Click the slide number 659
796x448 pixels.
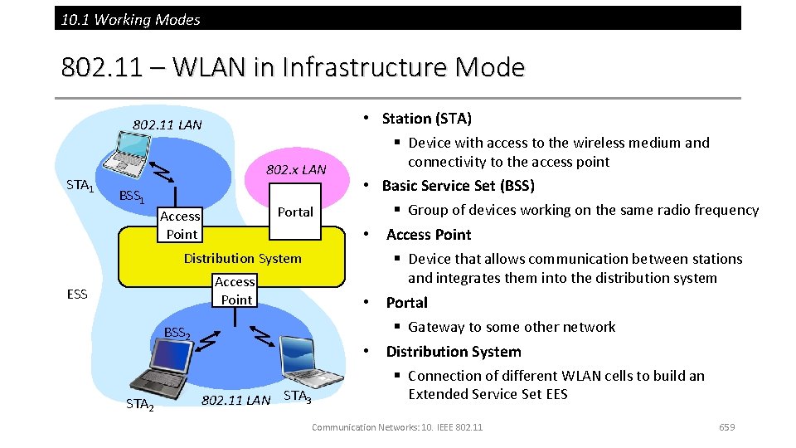click(727, 427)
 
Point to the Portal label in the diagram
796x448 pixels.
click(295, 212)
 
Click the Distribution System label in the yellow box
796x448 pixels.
click(242, 258)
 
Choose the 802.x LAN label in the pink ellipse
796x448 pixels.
click(296, 170)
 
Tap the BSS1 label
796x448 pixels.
click(133, 197)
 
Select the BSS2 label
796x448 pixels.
click(177, 334)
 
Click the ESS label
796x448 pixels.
click(77, 294)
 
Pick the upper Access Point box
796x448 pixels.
click(181, 225)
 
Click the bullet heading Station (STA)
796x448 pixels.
click(426, 119)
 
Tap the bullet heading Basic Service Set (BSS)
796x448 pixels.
click(458, 185)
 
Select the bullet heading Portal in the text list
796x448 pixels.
click(406, 303)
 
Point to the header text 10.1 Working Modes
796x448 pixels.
click(131, 19)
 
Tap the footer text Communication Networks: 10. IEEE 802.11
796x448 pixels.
click(396, 427)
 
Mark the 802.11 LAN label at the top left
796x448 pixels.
click(167, 125)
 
